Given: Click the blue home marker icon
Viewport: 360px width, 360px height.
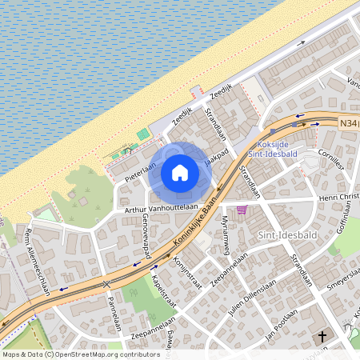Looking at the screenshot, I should click(180, 173).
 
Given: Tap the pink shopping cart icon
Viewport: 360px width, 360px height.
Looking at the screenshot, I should click(242, 210).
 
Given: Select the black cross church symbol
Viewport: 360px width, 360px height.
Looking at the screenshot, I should click(322, 338).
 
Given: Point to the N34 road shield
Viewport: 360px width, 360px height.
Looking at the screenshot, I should click(349, 123).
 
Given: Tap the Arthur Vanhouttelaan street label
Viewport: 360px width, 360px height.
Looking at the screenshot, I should click(161, 207).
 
